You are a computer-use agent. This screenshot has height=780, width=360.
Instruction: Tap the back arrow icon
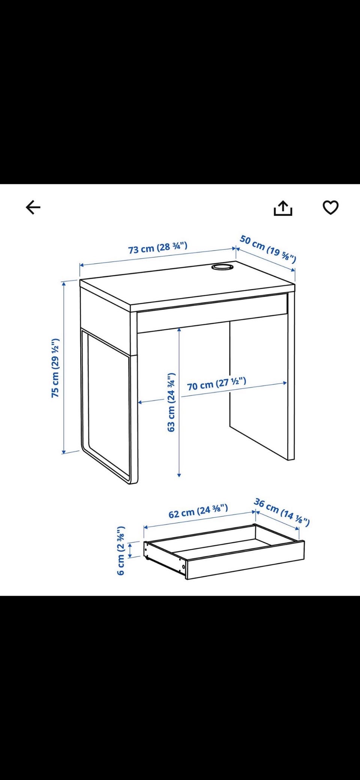pos(33,207)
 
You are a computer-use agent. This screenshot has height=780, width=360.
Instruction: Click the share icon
pos(283,208)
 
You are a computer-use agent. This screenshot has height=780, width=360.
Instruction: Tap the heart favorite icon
pos(330,207)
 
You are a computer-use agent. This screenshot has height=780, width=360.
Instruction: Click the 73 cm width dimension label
pos(157,248)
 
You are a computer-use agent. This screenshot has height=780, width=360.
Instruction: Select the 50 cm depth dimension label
pos(268,249)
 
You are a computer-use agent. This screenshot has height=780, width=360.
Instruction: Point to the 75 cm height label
pos(55,368)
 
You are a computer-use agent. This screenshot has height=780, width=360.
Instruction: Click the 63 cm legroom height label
pos(171,402)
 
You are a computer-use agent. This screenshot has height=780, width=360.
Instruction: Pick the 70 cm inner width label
pos(216,384)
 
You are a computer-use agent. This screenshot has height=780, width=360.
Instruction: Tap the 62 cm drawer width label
pos(198,511)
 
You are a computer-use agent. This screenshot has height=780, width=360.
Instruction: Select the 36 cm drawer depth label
pos(282,512)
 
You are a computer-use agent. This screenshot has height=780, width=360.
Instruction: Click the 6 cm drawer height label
pos(120,550)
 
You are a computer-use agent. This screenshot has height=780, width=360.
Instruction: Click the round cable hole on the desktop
pos(222,267)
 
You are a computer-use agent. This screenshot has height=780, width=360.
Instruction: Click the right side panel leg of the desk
pos(291,375)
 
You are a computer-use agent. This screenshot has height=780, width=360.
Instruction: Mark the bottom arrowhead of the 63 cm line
pos(179,475)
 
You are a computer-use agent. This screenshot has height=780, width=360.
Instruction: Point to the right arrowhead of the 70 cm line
pos(285,383)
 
